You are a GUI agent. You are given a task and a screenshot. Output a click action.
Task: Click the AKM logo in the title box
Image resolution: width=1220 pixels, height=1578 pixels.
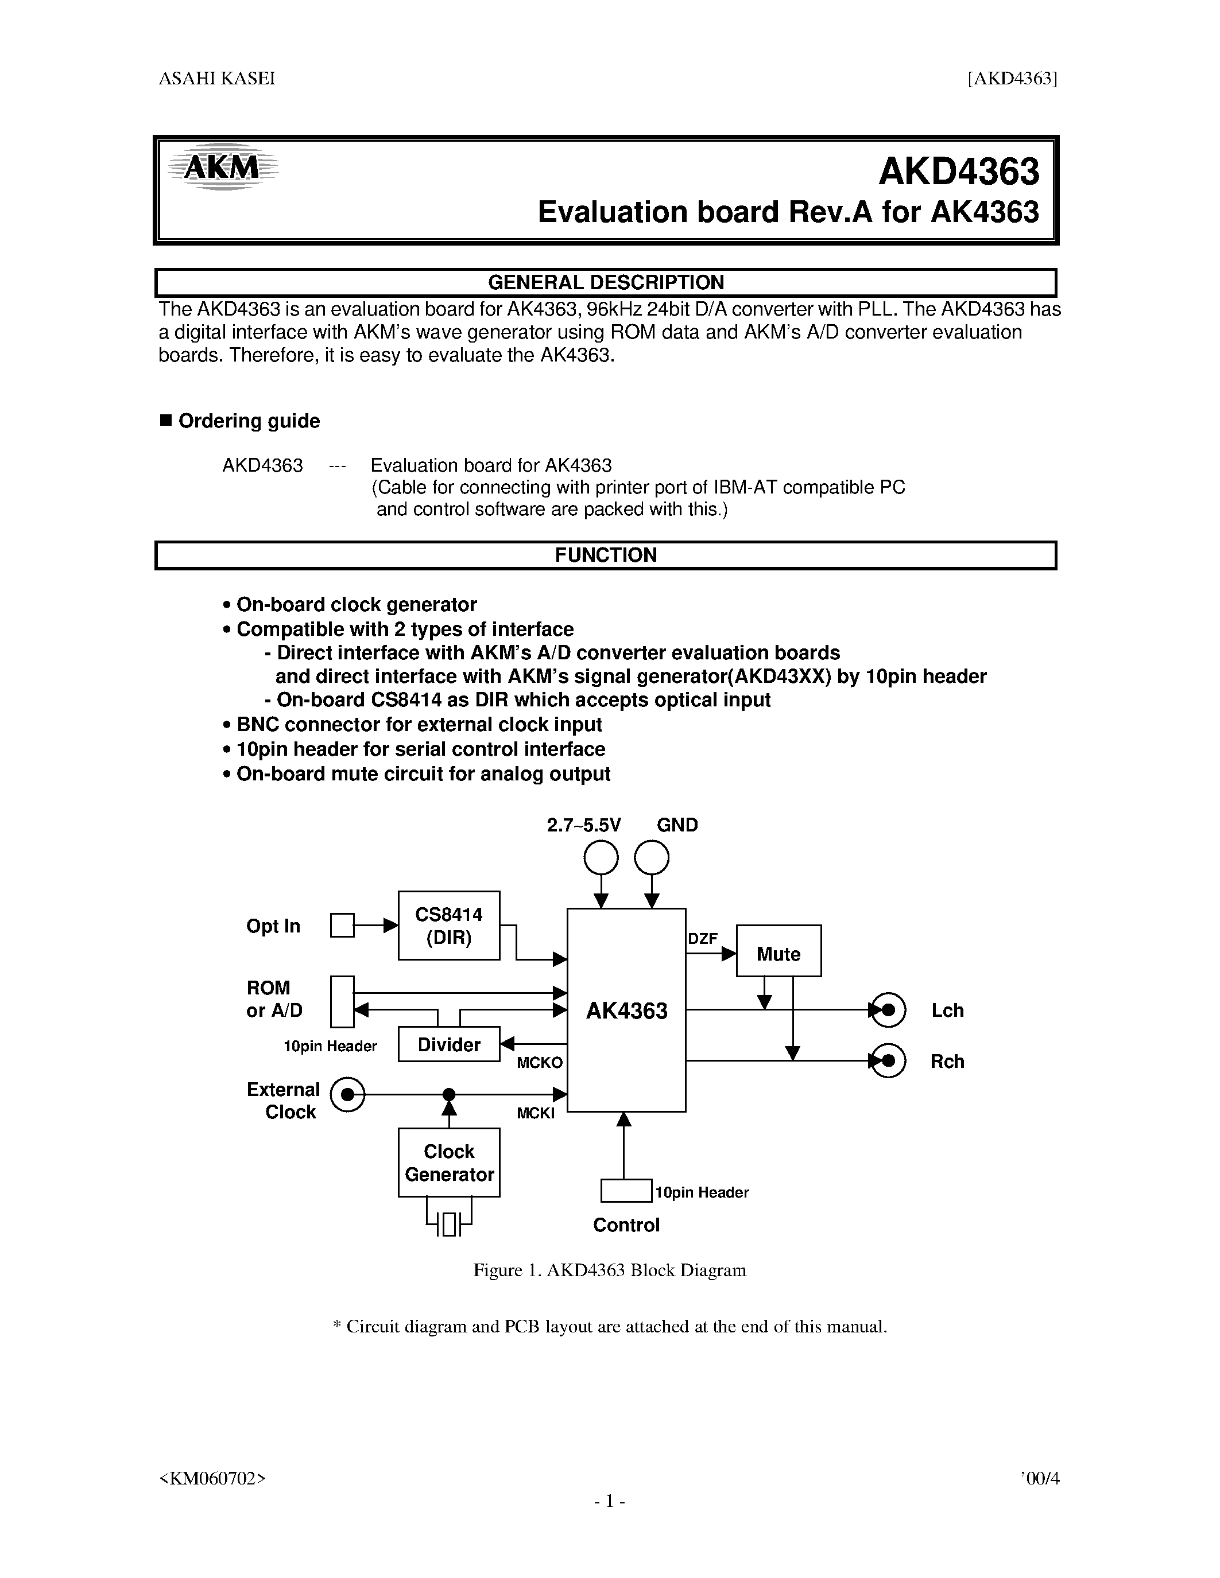222,168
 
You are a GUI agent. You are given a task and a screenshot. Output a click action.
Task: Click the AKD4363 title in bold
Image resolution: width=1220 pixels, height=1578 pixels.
958,172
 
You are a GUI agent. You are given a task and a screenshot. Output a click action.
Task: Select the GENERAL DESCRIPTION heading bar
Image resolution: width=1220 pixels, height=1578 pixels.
606,282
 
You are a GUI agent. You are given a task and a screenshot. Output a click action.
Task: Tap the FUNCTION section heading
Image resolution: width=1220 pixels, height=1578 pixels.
606,555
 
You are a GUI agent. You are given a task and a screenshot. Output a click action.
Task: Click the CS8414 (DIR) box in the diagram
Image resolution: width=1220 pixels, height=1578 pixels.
449,926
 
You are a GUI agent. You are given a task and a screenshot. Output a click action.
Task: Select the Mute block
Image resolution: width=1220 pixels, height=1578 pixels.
779,951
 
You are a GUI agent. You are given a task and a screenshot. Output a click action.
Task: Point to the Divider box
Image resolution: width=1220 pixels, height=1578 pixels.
449,1044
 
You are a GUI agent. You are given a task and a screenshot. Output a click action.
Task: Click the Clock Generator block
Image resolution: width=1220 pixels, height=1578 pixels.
449,1163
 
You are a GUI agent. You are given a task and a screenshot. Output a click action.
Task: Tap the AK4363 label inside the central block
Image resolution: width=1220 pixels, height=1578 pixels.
626,1010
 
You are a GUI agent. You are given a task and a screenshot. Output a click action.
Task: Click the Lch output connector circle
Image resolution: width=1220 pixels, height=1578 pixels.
888,1009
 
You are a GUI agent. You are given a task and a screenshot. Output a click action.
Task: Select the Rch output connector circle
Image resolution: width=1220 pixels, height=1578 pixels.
888,1060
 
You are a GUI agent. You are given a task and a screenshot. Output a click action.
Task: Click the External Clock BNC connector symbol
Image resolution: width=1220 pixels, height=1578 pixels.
348,1095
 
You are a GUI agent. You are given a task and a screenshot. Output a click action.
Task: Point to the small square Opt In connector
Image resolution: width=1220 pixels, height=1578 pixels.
342,926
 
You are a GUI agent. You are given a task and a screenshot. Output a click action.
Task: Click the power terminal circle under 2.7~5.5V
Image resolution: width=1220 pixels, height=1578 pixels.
601,858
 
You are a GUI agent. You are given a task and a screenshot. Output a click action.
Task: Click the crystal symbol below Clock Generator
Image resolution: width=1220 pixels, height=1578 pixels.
449,1224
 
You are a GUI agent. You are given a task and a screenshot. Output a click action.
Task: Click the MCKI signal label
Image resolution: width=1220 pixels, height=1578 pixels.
536,1113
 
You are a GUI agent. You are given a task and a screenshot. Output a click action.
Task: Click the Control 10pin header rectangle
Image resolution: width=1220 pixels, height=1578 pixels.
626,1191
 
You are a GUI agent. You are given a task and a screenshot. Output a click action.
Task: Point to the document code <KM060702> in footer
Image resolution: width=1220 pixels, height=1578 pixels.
212,1478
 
